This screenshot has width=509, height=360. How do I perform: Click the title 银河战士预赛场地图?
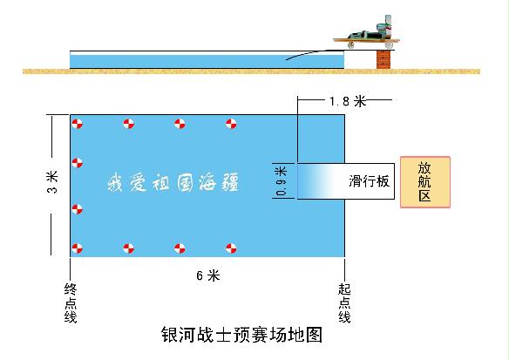[241, 335]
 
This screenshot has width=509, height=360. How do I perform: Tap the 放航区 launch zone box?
[425, 182]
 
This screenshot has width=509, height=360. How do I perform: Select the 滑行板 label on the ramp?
[369, 181]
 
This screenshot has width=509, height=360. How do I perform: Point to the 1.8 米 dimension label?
[348, 101]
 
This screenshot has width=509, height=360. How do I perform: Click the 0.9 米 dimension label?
[282, 181]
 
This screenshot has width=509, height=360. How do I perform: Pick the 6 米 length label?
[208, 275]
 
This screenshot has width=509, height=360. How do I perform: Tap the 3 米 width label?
[52, 182]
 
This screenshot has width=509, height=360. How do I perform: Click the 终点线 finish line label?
[71, 303]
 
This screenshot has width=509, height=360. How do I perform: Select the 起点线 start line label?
[344, 303]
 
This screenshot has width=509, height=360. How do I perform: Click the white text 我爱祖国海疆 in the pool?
[173, 182]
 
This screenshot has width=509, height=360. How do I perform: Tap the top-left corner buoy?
[78, 124]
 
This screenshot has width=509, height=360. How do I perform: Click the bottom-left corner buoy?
[78, 248]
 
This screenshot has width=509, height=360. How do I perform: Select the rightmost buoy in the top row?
[231, 124]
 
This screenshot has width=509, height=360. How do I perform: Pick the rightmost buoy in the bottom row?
[231, 248]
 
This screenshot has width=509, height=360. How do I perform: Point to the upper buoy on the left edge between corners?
[78, 163]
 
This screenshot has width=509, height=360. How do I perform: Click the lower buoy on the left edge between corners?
[78, 209]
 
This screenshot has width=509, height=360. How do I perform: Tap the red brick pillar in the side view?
[383, 59]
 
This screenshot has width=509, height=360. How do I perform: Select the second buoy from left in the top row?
[128, 124]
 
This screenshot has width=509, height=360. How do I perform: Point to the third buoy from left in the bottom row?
[180, 248]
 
